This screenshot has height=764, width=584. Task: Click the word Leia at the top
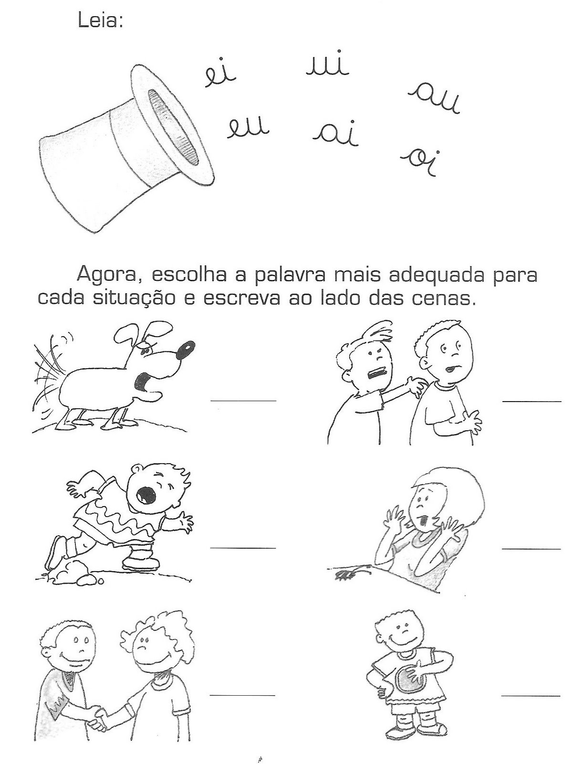100,21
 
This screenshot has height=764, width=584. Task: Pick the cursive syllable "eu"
248,128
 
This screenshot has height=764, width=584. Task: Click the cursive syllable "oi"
420,162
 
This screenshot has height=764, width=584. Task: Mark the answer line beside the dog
243,401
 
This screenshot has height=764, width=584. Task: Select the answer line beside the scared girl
531,549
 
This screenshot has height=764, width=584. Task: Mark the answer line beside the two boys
532,401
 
